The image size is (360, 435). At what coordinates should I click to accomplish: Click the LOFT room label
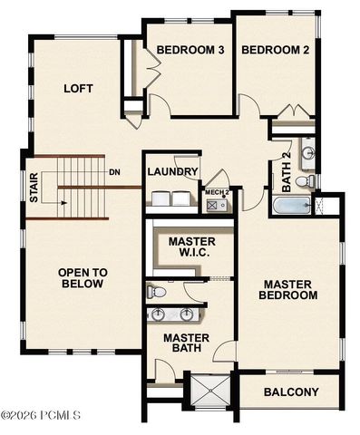79,89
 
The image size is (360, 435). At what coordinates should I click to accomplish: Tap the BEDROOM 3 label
190,50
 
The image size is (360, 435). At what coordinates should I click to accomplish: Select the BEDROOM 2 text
276,50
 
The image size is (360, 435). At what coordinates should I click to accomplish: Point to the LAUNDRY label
172,172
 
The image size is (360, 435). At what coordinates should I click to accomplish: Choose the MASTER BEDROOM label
287,288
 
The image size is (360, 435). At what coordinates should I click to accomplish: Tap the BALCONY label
291,392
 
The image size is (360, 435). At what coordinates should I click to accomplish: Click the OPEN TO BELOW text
83,277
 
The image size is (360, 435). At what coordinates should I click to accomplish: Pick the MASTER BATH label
187,343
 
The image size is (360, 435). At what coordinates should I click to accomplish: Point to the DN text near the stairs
114,172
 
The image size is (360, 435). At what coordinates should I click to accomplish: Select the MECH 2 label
216,192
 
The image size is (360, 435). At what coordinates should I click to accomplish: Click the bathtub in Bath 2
291,208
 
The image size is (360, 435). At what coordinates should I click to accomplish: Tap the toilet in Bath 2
308,181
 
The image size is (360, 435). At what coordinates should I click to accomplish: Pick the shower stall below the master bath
209,391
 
